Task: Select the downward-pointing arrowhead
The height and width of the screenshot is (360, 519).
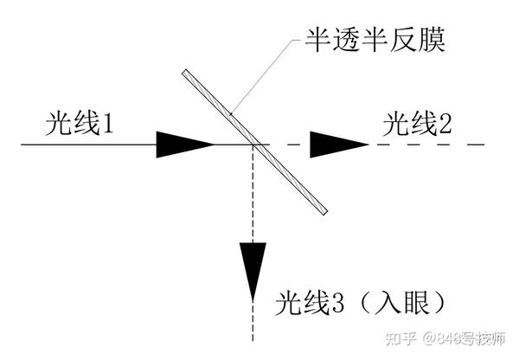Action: (252, 270)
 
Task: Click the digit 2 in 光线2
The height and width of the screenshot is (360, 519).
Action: (445, 126)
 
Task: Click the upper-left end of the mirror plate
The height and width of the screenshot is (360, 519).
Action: (185, 71)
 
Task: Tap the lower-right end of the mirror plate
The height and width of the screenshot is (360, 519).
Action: (323, 211)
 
